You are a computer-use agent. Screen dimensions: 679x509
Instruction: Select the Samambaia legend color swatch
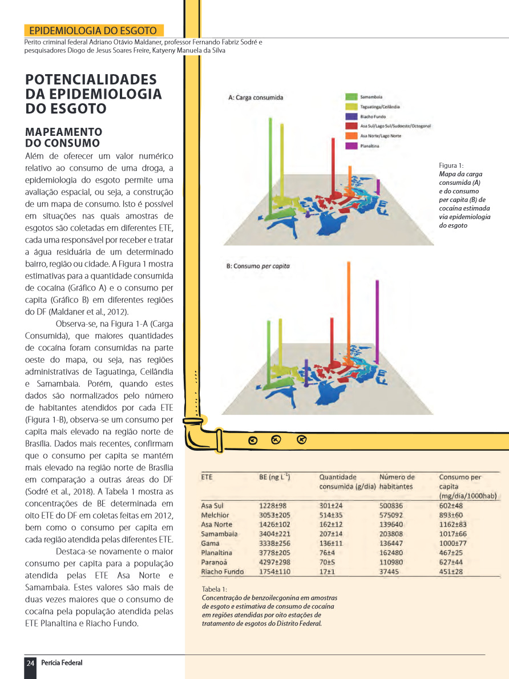pyautogui.click(x=351, y=98)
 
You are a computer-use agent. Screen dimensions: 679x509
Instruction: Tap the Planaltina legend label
pyautogui.click(x=370, y=146)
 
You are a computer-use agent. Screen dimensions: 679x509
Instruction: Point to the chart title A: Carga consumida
pyautogui.click(x=256, y=98)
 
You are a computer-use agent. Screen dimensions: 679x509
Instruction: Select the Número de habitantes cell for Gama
pyautogui.click(x=391, y=543)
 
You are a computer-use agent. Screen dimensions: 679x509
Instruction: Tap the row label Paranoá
pyautogui.click(x=215, y=562)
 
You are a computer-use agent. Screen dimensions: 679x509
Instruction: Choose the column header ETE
pyautogui.click(x=207, y=477)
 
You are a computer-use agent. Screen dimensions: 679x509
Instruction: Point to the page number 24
pyautogui.click(x=30, y=662)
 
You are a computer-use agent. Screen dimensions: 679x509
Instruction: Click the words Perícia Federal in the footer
pyautogui.click(x=62, y=662)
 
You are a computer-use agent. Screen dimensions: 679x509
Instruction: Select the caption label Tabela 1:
pyautogui.click(x=215, y=589)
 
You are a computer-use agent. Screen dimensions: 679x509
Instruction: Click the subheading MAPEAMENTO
pyautogui.click(x=63, y=132)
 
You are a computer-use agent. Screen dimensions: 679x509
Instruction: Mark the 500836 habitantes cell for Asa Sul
pyautogui.click(x=391, y=506)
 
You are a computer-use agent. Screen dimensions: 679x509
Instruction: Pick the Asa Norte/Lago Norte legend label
pyautogui.click(x=381, y=136)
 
